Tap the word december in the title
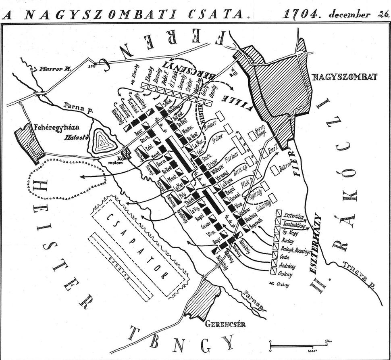[349, 15]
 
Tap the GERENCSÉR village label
[225, 324]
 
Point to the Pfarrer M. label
[55, 69]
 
